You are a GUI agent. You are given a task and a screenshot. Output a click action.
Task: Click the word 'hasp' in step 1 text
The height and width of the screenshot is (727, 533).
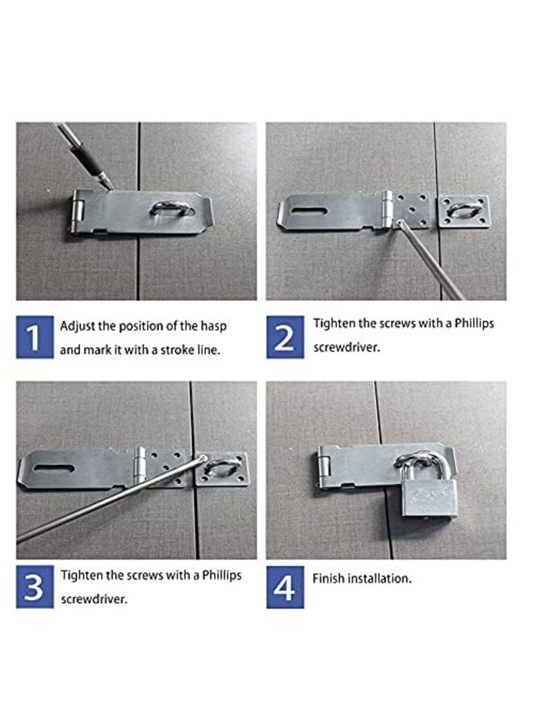tap(212, 326)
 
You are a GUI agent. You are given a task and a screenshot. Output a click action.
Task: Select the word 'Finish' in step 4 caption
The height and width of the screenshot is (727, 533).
tap(329, 578)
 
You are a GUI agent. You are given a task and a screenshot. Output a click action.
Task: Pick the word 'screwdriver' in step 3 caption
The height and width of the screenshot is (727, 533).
tap(94, 600)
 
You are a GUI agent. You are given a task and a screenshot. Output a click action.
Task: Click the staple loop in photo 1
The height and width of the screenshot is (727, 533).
tap(172, 210)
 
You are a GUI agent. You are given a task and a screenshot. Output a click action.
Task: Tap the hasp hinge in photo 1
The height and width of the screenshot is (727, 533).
tap(78, 212)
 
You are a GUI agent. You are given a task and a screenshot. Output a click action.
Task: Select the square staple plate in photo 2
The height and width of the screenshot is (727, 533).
tap(464, 212)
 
